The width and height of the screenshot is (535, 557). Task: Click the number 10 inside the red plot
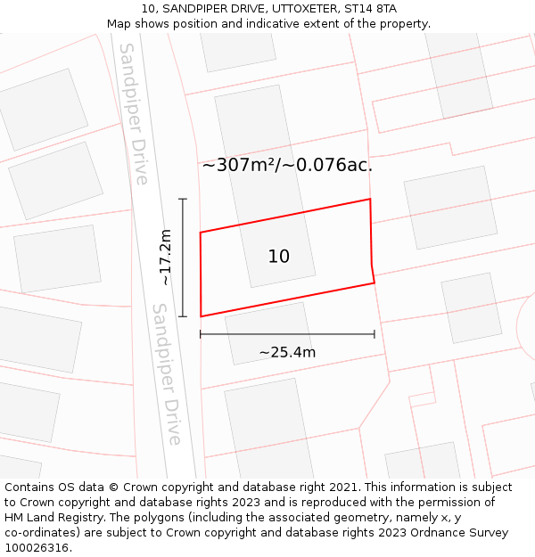[x=278, y=257]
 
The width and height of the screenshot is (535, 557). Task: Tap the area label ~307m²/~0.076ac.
[x=287, y=165]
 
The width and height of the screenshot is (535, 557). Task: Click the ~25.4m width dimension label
[x=287, y=352]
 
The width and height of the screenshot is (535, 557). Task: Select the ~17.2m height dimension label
[x=165, y=258]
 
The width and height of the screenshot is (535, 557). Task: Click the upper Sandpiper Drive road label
[x=134, y=113]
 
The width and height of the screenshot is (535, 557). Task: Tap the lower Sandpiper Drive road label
[x=167, y=374]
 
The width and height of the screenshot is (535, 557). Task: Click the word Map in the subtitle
[x=119, y=23]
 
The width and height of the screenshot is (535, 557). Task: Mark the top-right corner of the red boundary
[x=370, y=199]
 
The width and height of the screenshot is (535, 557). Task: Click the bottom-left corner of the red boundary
[x=201, y=316]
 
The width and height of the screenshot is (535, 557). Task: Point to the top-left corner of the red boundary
[x=200, y=233]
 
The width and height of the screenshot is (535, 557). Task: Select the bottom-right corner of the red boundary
[x=374, y=283]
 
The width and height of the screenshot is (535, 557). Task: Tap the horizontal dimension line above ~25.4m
[x=287, y=334]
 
